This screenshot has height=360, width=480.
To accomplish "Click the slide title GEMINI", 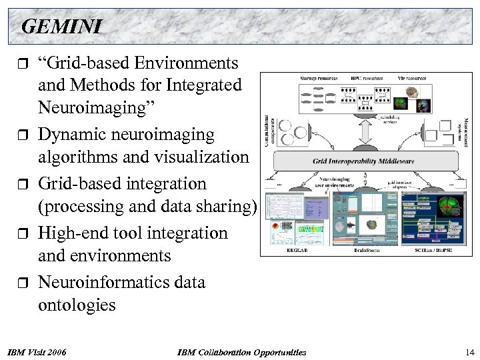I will (61, 26).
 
